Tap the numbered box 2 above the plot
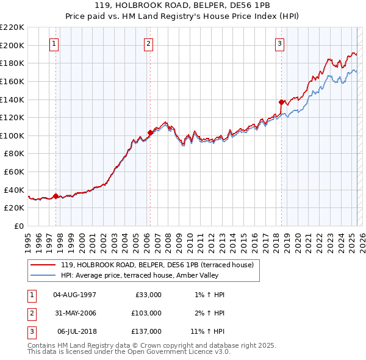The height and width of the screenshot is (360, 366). pos(149,43)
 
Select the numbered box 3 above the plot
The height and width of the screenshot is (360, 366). pos(279,43)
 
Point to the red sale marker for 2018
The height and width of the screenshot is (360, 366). pos(281,102)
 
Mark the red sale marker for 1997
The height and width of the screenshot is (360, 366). pos(56,196)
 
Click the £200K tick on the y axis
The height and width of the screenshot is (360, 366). pos(12,45)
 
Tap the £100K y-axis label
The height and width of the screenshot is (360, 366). pos(12,135)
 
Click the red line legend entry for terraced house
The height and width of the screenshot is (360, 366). pos(152,265)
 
